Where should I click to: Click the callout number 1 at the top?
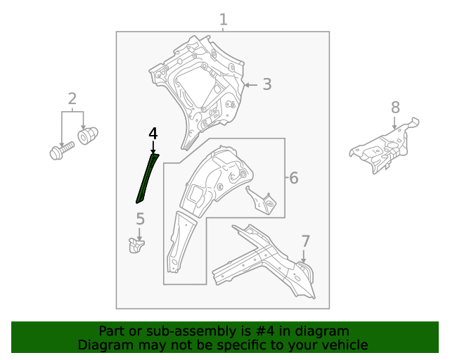(224, 20)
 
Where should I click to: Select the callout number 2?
(72, 98)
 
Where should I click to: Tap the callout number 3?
(267, 84)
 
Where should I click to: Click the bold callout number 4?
(153, 134)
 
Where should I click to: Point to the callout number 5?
(140, 219)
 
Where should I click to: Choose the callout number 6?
(294, 178)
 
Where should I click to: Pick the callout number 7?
(305, 241)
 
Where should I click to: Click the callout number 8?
(395, 108)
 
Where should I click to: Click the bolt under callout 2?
(61, 150)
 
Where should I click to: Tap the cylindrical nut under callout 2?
(88, 136)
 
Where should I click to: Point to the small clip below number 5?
(136, 245)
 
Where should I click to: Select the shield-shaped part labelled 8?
(385, 146)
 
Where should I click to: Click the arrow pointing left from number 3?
(250, 85)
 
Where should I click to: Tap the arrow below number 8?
(394, 122)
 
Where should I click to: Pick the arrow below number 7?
(303, 256)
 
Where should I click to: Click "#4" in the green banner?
(264, 331)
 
